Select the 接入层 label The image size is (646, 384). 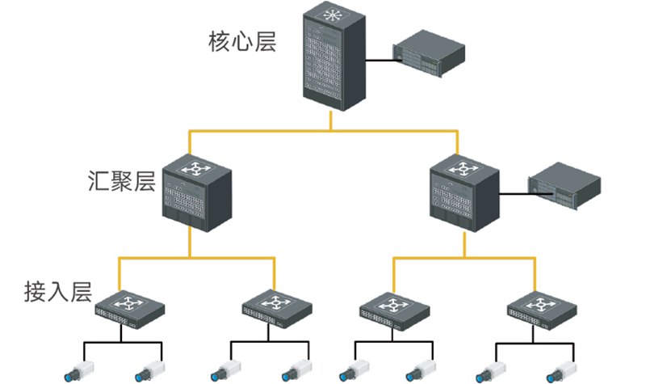[x=57, y=290]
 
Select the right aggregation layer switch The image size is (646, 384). [x=463, y=192]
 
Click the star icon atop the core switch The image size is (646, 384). [x=330, y=16]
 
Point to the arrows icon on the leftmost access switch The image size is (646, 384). [x=128, y=303]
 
